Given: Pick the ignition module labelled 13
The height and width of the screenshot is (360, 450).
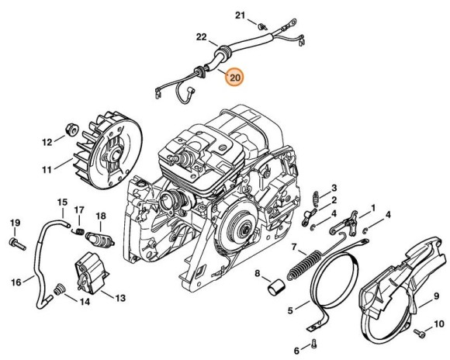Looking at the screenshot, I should coord(91,280).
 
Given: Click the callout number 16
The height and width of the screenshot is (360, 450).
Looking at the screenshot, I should coord(16,282).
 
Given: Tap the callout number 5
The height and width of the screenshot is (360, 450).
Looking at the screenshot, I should coord(290,311).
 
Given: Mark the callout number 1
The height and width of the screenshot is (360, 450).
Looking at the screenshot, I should coord(373,208).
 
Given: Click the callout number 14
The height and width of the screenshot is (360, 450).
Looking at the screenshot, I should coord(85,302).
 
